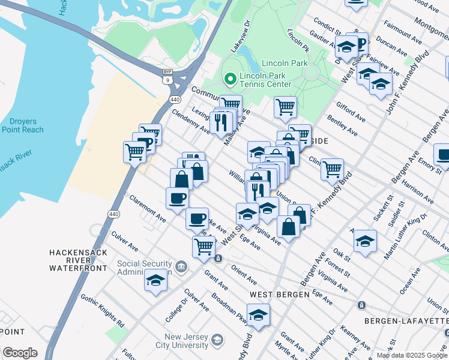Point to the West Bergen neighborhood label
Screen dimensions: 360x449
(x=279, y=295)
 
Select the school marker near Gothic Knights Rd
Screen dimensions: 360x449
(x=155, y=280)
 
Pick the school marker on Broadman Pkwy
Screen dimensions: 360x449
(x=258, y=314)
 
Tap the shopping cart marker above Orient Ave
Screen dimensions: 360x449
(x=204, y=245)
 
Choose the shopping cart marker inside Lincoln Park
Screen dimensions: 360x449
(x=285, y=107)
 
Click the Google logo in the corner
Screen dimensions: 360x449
(x=20, y=353)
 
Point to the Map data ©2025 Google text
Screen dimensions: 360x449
(x=411, y=355)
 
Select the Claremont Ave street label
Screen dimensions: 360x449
(x=147, y=208)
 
